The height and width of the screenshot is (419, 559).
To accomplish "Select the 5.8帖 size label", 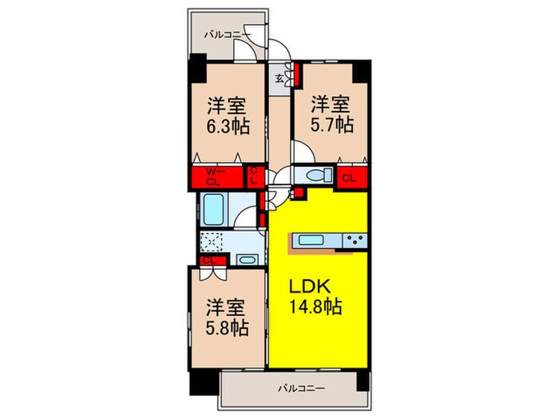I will (227, 327).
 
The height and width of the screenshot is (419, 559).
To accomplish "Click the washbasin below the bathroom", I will (247, 260).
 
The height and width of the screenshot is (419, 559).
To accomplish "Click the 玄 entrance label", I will (280, 78).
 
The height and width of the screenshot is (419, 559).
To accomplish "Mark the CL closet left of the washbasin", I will (209, 260).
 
